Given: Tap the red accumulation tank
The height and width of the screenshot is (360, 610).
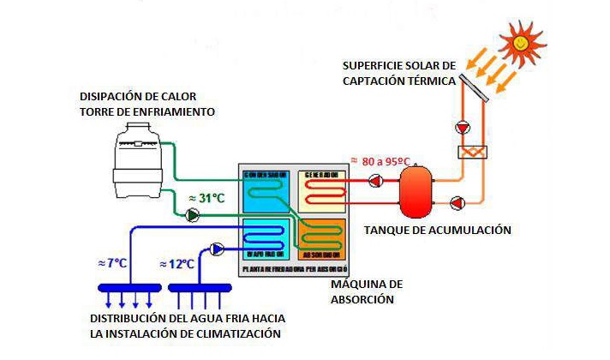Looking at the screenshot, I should pos(416,193).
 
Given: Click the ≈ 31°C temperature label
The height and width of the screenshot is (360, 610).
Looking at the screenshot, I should pos(206,199).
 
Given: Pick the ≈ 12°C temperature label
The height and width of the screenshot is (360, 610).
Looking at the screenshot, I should pos(177,264).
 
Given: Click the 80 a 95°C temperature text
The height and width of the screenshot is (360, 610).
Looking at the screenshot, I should pos(380,160).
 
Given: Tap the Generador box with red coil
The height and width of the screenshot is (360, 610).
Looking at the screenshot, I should pos(321,189).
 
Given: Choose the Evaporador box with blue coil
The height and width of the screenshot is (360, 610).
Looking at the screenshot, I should pos(266,238).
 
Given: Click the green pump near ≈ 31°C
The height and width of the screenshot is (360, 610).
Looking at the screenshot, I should pos(194,214).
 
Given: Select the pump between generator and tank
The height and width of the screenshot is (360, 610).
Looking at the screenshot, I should pos(375,181).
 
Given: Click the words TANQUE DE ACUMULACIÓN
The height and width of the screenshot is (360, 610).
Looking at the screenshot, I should pos(437,231).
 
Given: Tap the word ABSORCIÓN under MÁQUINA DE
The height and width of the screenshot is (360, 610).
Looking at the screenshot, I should pos(362,300).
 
